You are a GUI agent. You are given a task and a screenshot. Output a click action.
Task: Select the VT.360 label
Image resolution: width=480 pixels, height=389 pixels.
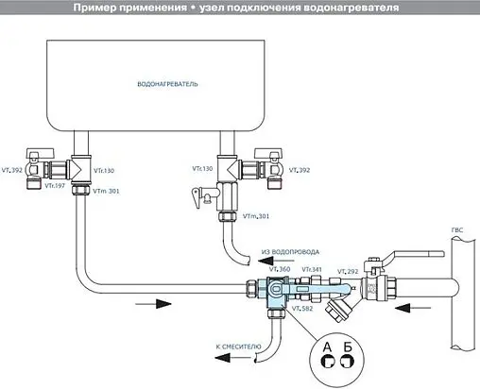(281, 270)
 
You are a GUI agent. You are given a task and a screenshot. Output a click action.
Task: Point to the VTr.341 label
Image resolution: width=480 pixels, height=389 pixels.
(312, 270)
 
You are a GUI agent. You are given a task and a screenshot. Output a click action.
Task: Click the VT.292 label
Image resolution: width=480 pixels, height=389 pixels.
(346, 270)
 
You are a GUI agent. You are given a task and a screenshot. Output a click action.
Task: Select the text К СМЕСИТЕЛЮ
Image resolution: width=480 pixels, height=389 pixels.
(241, 347)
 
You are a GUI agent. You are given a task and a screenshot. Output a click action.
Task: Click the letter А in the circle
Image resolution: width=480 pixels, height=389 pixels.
(327, 347)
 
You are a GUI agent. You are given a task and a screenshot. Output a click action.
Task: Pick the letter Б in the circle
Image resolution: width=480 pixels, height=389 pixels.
(349, 347)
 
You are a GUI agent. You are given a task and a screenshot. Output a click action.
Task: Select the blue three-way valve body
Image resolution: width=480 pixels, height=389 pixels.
(283, 294)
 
